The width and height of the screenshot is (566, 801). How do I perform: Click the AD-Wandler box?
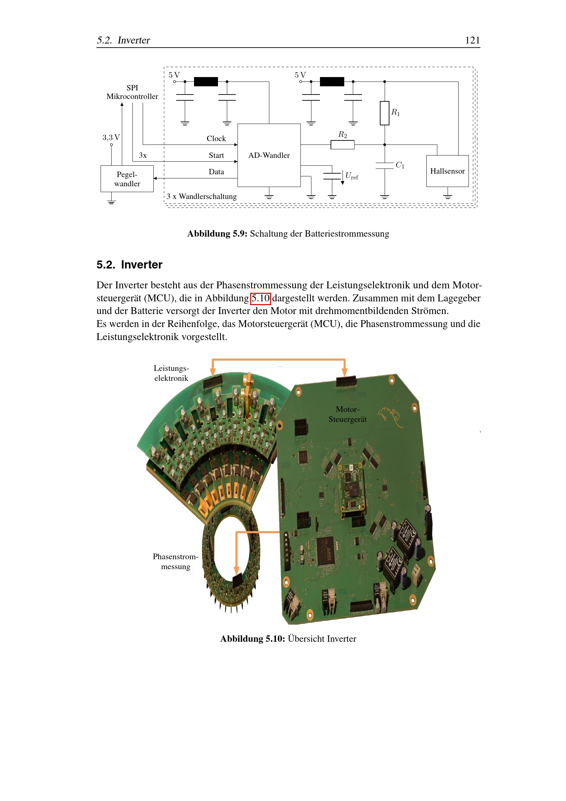(x=269, y=155)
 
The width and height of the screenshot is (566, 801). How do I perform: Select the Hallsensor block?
(x=447, y=171)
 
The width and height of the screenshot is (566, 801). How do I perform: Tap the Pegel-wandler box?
(x=127, y=179)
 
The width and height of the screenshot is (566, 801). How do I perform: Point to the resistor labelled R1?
(x=384, y=113)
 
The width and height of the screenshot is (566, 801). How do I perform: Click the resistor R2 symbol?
(x=342, y=145)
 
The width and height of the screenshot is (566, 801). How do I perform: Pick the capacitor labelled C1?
(x=384, y=165)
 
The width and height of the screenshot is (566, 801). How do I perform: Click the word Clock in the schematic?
(x=216, y=138)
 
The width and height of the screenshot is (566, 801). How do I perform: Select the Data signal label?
(x=216, y=172)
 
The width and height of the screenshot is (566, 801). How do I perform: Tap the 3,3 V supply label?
(x=111, y=137)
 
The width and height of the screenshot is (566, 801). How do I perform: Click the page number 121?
(x=472, y=40)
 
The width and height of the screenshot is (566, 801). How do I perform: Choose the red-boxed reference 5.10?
(x=260, y=298)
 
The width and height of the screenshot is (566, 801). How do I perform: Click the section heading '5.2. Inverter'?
(x=129, y=265)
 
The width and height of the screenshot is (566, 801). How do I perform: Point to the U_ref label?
(x=351, y=176)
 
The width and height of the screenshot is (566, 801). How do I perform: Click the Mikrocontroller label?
(x=132, y=96)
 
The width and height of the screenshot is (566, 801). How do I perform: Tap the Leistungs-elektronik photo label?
(x=171, y=373)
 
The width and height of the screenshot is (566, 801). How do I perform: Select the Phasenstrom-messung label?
(x=175, y=561)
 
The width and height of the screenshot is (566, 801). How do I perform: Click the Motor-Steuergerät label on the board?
(x=347, y=414)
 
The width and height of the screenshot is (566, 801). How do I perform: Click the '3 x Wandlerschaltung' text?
(x=202, y=197)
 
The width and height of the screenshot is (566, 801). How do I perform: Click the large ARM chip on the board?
(x=325, y=551)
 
